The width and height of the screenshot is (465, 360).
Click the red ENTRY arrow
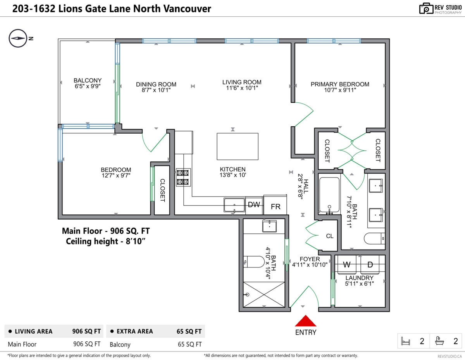pos(306,321)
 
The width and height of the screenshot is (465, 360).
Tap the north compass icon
pos(17,38)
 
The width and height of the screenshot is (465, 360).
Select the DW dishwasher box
pos(254,205)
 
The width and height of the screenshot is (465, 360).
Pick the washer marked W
pos(347,265)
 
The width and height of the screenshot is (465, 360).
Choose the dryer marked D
pos(370,265)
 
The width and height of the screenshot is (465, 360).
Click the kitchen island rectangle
pos(237,146)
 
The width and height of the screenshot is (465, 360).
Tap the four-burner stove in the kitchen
pos(183,177)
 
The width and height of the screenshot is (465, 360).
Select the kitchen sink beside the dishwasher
pos(234,205)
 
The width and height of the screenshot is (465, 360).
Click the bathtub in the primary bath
pos(329,194)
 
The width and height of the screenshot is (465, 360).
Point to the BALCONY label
pos(88,80)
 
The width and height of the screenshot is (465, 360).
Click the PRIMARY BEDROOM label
pos(340,84)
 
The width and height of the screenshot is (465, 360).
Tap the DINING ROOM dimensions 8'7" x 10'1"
pos(156,90)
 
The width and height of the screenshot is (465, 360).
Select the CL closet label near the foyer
pos(329,236)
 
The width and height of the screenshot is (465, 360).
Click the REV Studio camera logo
pos(426,9)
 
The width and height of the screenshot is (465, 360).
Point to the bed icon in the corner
pos(405,341)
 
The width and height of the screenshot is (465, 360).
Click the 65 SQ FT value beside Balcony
pos(189,344)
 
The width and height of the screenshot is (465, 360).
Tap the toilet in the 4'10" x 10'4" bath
pos(254,262)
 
